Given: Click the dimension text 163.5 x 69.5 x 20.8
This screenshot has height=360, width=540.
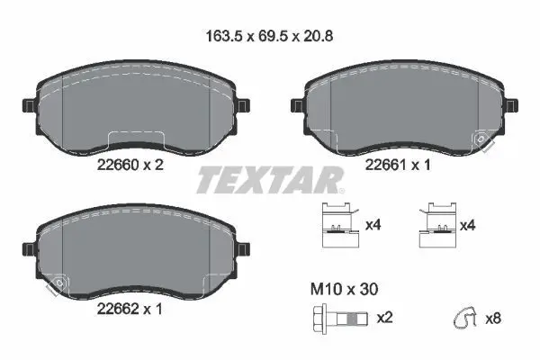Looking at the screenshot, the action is point(269,36).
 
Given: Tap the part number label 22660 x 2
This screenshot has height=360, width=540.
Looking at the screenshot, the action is point(130,165).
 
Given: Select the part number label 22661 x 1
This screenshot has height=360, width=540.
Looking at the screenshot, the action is point(398,165).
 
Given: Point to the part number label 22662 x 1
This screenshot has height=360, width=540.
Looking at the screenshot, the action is point(130,309).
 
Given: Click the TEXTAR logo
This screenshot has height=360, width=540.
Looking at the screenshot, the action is point(270,179).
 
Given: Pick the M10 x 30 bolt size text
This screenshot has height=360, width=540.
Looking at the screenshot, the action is point(344,289).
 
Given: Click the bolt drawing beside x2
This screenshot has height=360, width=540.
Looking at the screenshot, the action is point(340,319).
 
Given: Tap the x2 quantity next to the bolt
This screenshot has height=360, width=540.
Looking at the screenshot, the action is point(384,318).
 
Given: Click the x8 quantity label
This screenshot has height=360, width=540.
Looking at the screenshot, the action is point(493,319).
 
